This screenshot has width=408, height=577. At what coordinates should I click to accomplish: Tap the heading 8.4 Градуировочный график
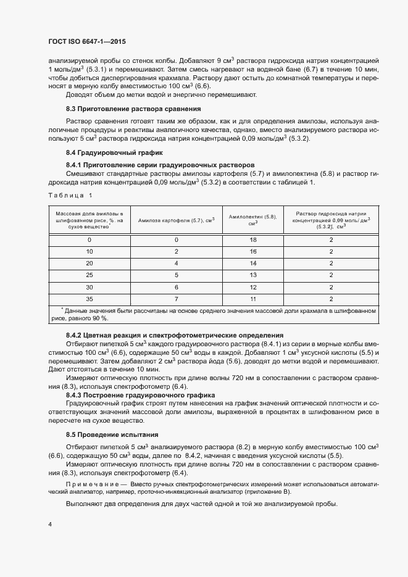click(114, 152)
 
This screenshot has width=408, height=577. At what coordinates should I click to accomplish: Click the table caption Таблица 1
click(69, 196)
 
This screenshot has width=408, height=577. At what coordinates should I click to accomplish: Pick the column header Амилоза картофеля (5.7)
click(176, 220)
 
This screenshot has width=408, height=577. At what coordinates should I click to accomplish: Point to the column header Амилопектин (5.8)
click(252, 220)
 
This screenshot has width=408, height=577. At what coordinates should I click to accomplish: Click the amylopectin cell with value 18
click(252, 239)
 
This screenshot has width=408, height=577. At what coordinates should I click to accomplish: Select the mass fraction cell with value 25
click(90, 275)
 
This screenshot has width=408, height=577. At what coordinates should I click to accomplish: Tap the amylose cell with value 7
click(176, 299)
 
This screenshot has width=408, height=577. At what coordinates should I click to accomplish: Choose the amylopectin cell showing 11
click(252, 299)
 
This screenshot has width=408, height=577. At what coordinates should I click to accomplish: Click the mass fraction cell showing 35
click(90, 299)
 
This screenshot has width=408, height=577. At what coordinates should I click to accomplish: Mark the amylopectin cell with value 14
click(252, 263)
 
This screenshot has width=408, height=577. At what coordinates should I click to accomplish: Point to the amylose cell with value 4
click(176, 263)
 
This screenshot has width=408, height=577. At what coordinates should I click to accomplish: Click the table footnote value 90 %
click(99, 318)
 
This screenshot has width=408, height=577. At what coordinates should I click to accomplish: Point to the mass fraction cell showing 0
click(90, 239)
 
